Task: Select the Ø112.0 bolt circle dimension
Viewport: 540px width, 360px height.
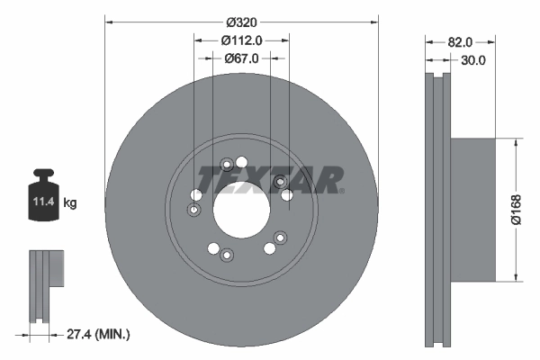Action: pyautogui.click(x=241, y=40)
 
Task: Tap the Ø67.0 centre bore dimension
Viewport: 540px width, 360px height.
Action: pyautogui.click(x=241, y=58)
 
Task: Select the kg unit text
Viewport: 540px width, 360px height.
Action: pyautogui.click(x=70, y=203)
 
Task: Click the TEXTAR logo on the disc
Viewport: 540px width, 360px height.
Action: pyautogui.click(x=270, y=179)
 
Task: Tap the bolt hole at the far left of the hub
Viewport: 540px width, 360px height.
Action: pyautogui.click(x=196, y=195)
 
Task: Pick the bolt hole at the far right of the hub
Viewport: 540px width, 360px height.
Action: pyautogui.click(x=287, y=194)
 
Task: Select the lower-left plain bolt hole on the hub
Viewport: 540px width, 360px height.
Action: pyautogui.click(x=213, y=248)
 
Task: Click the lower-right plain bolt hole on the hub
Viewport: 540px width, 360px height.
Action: pyautogui.click(x=269, y=248)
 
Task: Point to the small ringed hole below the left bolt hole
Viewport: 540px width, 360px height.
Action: pyautogui.click(x=193, y=211)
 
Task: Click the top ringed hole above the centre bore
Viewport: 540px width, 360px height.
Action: pyautogui.click(x=227, y=164)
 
